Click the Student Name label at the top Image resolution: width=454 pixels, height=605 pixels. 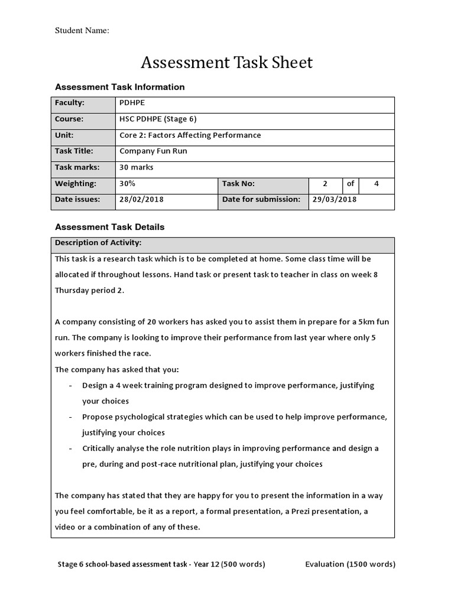tap(82, 31)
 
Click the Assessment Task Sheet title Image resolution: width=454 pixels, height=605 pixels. tap(226, 63)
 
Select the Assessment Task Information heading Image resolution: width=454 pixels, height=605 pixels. tap(119, 87)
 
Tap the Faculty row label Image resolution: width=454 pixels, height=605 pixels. tap(70, 103)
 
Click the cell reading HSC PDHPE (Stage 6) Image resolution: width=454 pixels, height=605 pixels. tap(158, 119)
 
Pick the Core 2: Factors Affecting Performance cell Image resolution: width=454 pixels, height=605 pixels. tap(190, 135)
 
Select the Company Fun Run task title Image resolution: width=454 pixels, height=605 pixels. tap(153, 151)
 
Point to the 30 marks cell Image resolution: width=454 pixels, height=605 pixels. tap(136, 167)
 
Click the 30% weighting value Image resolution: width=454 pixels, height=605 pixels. tap(127, 184)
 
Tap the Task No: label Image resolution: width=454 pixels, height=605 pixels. tap(238, 184)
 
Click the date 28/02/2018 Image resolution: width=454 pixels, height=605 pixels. tap(141, 200)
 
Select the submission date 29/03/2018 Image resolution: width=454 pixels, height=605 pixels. tap(334, 200)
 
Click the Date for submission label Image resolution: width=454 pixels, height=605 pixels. tap(261, 200)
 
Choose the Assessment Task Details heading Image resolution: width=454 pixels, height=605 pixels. tap(109, 227)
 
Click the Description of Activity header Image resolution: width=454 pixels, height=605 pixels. tap(98, 243)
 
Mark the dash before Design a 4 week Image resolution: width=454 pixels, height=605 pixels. tap(71, 385)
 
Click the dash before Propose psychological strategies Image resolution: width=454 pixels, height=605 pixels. tap(71, 417)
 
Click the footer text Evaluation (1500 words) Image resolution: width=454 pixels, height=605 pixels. tap(350, 564)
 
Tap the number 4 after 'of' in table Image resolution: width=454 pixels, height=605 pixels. tap(377, 184)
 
